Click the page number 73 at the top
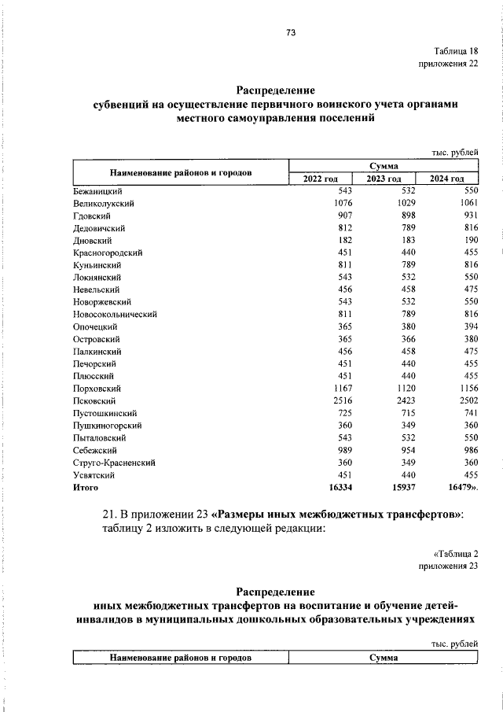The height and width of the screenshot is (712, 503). pyautogui.click(x=290, y=33)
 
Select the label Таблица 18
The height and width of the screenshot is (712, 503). pyautogui.click(x=455, y=51)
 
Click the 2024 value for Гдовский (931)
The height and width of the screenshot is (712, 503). pyautogui.click(x=468, y=216)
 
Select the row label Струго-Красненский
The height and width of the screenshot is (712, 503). pyautogui.click(x=113, y=463)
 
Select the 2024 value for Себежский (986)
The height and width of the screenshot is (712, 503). pyautogui.click(x=468, y=450)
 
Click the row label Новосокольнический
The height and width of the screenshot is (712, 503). pyautogui.click(x=116, y=315)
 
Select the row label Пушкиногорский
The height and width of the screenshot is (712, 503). pyautogui.click(x=106, y=426)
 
